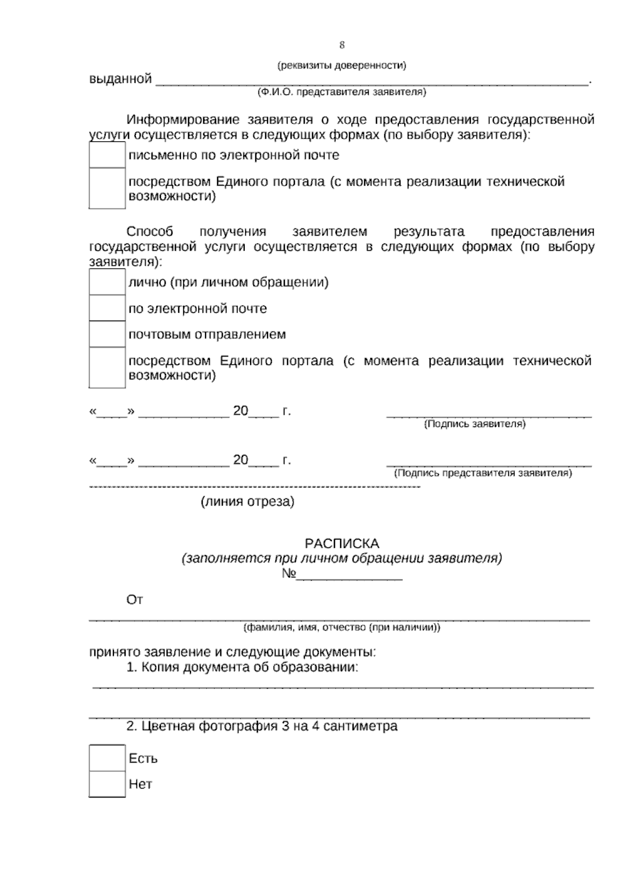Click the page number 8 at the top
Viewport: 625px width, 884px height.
coord(342,45)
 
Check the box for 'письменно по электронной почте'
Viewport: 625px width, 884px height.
coord(107,155)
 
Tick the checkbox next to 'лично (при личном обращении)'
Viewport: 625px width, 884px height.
coord(107,282)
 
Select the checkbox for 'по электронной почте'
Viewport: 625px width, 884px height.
coord(107,308)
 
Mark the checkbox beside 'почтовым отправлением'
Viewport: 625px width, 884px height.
coord(107,334)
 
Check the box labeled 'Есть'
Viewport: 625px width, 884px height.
coord(107,758)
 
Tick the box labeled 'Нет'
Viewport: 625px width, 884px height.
coord(107,784)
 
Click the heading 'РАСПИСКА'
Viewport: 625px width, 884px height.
coord(342,544)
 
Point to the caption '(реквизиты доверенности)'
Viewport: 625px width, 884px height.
coord(342,66)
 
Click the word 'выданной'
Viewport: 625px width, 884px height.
coord(120,79)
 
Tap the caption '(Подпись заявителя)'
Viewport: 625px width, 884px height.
coord(475,424)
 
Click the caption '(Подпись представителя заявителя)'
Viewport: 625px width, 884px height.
coord(483,473)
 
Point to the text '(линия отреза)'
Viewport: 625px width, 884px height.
coord(247,502)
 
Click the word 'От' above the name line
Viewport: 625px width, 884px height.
coord(134,600)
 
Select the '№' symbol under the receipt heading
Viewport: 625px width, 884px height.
coord(289,574)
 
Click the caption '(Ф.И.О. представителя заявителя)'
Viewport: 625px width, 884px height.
coord(342,92)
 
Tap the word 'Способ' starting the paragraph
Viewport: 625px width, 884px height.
coord(150,231)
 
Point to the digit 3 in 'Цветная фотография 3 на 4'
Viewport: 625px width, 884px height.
coord(285,726)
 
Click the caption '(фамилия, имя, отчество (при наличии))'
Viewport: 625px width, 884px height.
coord(342,628)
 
